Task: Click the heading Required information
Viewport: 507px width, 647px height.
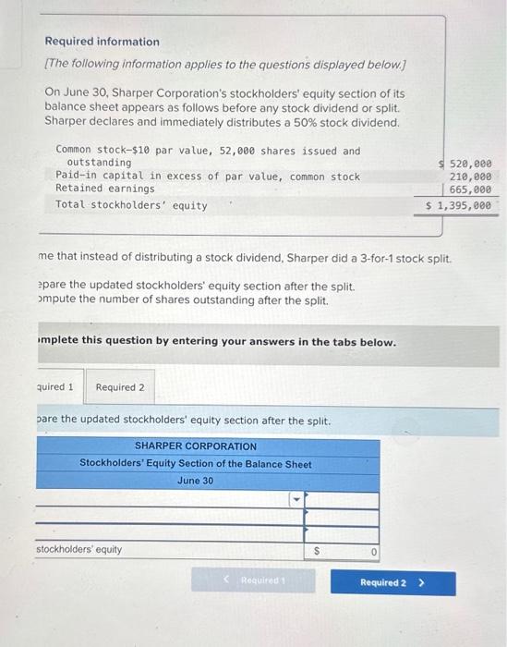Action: (x=102, y=42)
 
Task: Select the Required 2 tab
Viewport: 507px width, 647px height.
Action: (x=120, y=386)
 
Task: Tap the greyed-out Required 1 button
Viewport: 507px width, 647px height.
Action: (x=252, y=581)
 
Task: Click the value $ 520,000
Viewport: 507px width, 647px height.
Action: (x=466, y=163)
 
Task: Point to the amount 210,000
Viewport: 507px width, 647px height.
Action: (x=471, y=176)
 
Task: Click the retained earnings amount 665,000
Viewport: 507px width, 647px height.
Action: (x=471, y=189)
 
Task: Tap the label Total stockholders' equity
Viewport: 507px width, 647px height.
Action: (x=131, y=205)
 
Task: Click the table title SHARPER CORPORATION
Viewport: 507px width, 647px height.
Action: (x=196, y=446)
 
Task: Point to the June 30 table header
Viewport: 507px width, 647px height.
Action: (x=196, y=481)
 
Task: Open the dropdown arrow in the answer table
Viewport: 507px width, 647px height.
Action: (x=296, y=500)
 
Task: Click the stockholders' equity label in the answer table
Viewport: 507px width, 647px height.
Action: (x=78, y=550)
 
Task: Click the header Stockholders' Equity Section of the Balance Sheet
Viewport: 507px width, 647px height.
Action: (x=196, y=464)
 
